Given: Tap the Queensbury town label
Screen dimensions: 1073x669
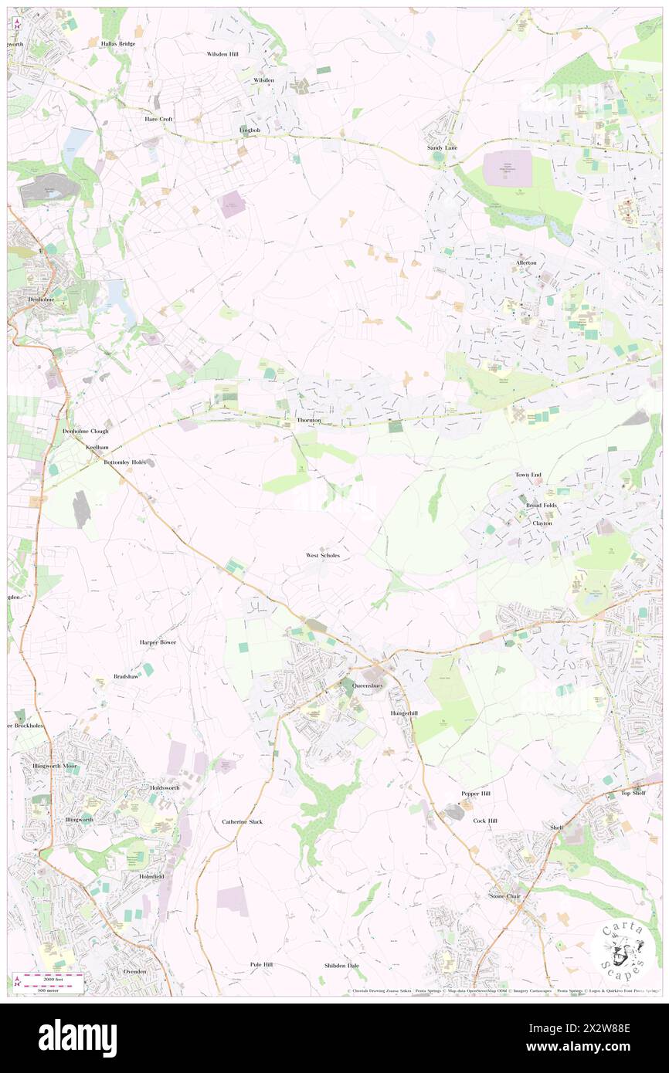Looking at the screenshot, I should [367, 685].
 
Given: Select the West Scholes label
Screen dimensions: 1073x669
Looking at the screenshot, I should [323, 555].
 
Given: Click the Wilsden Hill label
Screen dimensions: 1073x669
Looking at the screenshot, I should [222, 55].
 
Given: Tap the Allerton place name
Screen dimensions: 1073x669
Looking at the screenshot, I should [526, 263].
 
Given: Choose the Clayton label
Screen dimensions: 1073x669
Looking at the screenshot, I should [542, 523].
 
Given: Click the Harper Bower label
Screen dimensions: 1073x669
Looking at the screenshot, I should [158, 641].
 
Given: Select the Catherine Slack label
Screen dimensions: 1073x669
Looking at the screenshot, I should [243, 821].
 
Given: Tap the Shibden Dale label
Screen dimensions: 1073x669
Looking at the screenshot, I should [341, 966].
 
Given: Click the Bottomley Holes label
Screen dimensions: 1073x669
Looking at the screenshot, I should [124, 462].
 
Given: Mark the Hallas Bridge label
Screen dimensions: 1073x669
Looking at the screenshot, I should [118, 44].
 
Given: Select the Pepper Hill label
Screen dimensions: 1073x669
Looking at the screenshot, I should [476, 794].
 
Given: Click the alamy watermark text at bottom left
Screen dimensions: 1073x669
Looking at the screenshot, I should [77, 1038].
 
